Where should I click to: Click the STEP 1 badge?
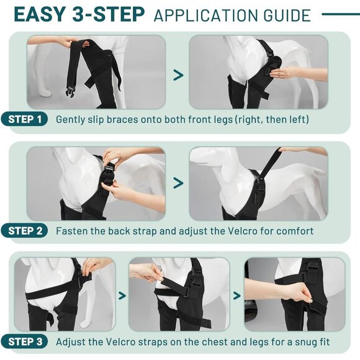click(x=24, y=119)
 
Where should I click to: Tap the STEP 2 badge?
click(x=24, y=231)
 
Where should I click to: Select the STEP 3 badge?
click(x=24, y=341)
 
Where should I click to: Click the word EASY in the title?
click(x=39, y=15)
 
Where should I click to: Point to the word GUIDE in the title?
click(x=287, y=16)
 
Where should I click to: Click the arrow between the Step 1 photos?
click(x=178, y=75)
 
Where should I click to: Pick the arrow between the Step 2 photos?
click(x=178, y=182)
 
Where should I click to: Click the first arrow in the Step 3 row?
click(x=122, y=295)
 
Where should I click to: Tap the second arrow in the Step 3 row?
click(x=236, y=295)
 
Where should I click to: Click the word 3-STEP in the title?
click(x=109, y=15)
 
